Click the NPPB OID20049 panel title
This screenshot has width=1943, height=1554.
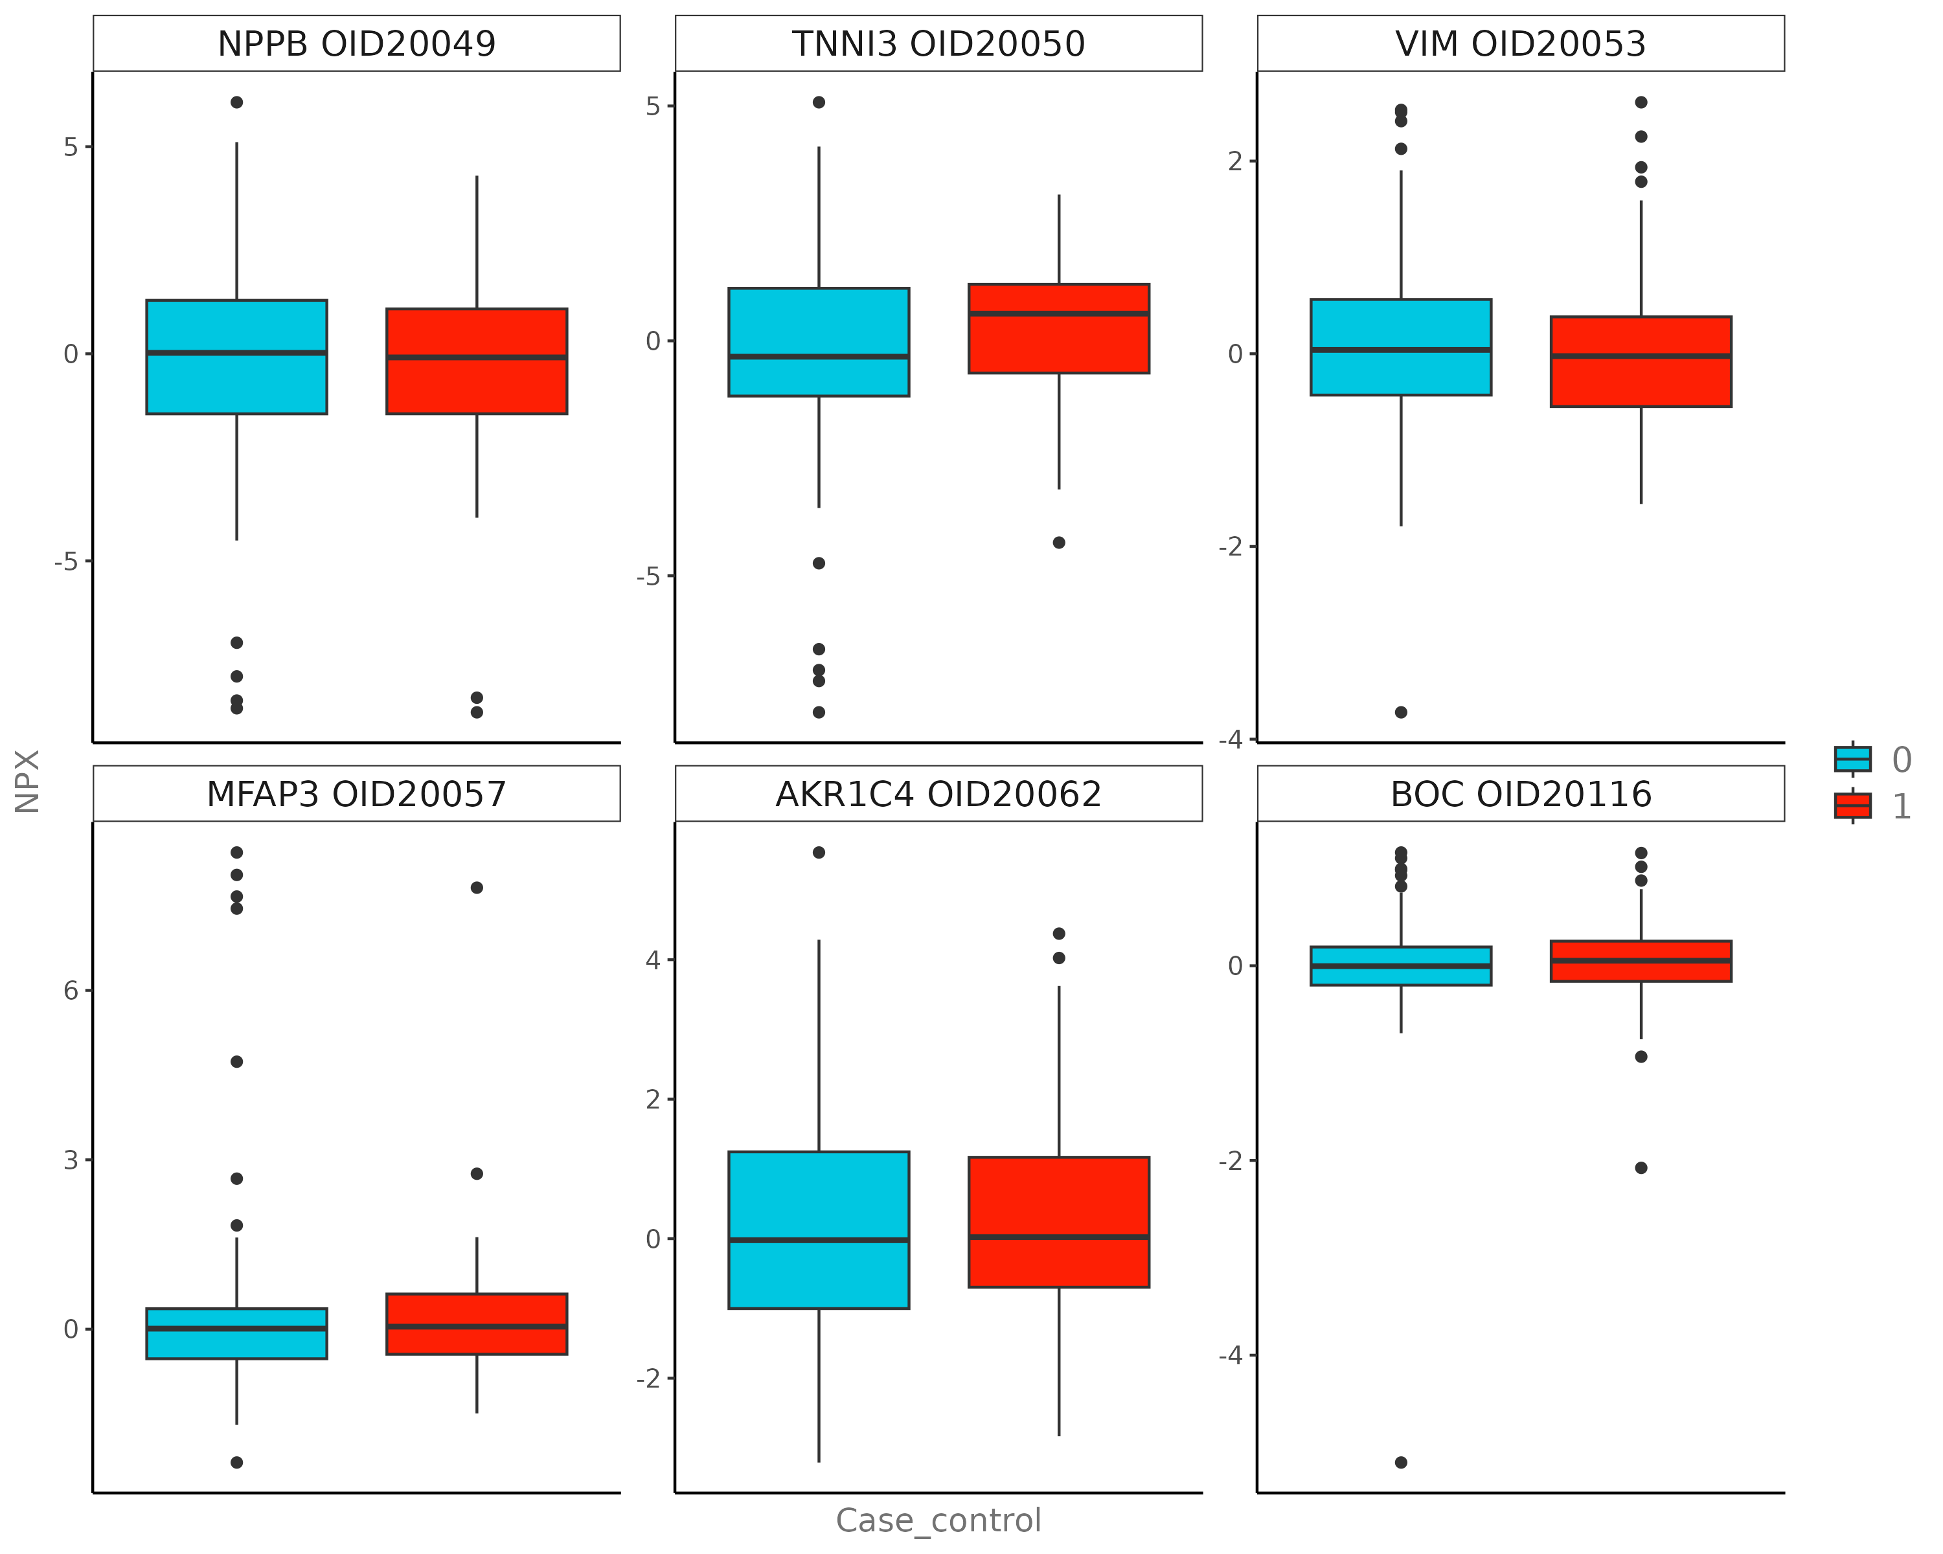coord(356,43)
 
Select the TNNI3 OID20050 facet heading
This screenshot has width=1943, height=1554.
coord(938,43)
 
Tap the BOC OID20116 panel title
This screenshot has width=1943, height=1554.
coord(1520,794)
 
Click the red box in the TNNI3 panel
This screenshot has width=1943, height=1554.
coord(1058,343)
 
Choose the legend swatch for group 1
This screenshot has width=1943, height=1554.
coord(1852,805)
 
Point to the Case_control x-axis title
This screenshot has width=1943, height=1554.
coord(938,1521)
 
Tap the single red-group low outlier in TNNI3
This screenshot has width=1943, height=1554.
coord(1059,543)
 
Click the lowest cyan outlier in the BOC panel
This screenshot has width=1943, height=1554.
coord(1400,1462)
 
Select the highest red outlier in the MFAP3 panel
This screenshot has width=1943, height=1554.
coord(477,887)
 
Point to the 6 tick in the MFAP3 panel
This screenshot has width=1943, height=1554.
coord(71,991)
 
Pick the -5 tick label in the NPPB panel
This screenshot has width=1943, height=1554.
coord(66,562)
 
